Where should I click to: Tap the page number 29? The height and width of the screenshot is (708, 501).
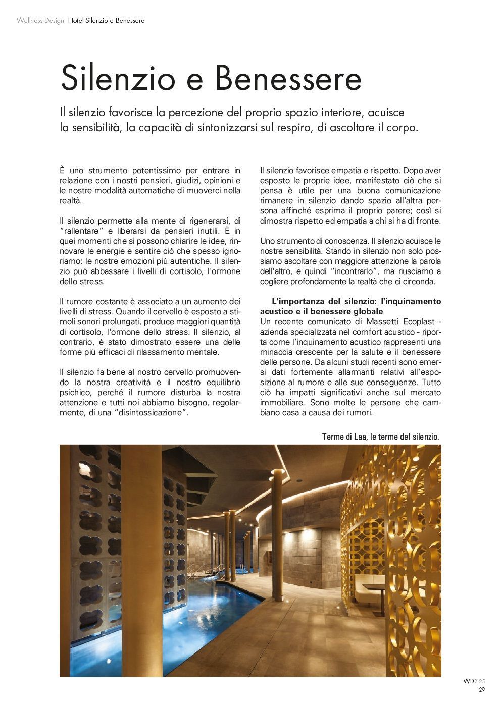click(x=482, y=690)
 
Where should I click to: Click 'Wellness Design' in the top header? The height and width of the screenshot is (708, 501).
click(x=40, y=21)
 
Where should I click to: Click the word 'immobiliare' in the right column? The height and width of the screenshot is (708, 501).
click(x=283, y=403)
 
